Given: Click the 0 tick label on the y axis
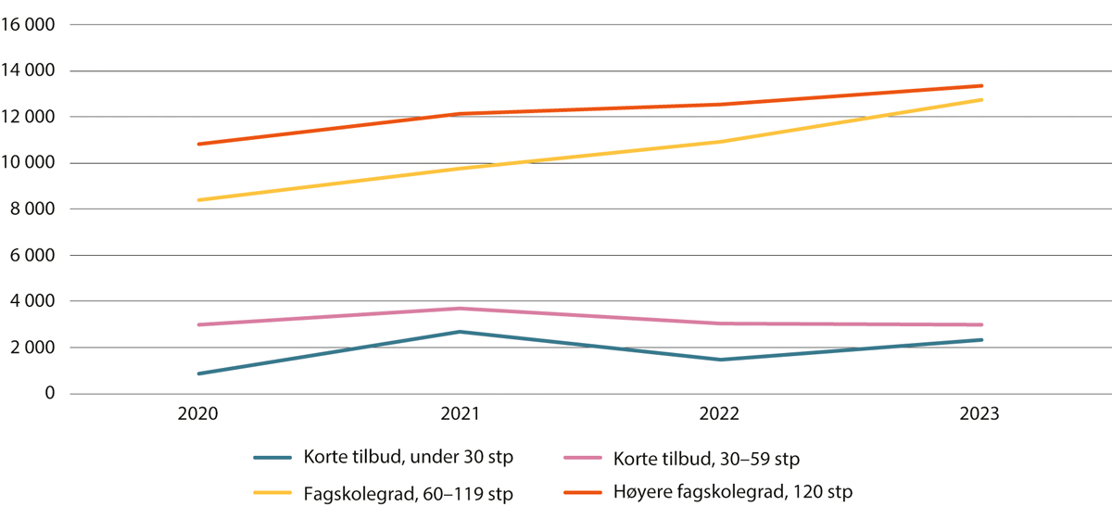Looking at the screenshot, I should click(x=50, y=395).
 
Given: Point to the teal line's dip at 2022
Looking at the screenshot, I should click(x=721, y=360).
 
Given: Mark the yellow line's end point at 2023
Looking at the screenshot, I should click(x=981, y=99).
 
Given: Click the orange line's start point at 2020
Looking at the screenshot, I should click(x=198, y=144).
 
